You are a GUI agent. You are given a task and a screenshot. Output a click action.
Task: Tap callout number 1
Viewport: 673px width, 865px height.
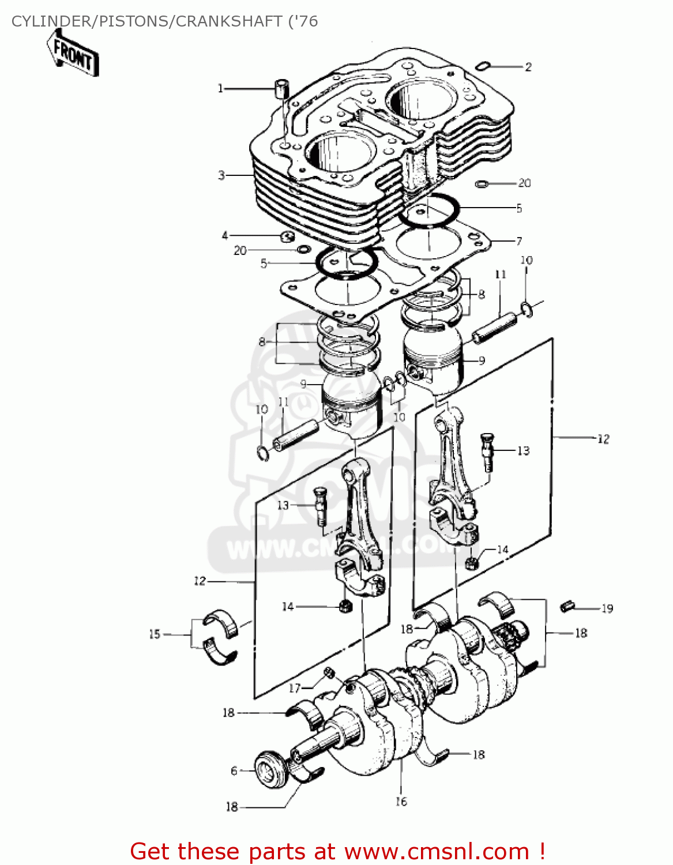click(220, 88)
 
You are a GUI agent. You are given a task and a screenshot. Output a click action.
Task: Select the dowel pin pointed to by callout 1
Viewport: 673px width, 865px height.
click(281, 89)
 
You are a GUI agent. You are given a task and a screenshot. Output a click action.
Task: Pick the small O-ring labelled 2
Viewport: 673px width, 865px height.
click(482, 66)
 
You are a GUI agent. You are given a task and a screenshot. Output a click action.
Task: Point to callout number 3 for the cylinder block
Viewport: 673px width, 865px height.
click(221, 175)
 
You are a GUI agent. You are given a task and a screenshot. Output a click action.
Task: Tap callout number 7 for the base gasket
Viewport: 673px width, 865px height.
click(519, 240)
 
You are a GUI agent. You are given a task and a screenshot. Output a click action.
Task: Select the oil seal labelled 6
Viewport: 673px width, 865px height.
click(271, 769)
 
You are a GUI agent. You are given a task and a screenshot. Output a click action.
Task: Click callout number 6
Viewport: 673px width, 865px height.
click(234, 771)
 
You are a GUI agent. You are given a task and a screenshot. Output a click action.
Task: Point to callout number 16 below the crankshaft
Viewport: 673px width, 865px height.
click(401, 801)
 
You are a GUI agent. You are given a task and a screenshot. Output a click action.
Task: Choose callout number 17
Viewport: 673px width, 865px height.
click(295, 687)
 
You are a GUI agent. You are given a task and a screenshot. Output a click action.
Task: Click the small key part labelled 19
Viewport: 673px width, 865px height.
click(567, 605)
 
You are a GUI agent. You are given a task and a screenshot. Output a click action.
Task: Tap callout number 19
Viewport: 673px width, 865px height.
click(607, 608)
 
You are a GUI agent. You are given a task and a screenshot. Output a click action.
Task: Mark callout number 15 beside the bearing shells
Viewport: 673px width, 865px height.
click(155, 634)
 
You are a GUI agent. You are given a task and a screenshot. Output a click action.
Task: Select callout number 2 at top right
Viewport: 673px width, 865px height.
click(528, 67)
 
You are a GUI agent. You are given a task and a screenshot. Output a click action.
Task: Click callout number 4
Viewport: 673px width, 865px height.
click(225, 235)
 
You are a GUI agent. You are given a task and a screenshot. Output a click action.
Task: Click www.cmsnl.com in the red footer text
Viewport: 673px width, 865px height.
click(437, 851)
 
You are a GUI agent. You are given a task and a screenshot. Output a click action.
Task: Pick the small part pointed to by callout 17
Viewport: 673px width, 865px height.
click(329, 672)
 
